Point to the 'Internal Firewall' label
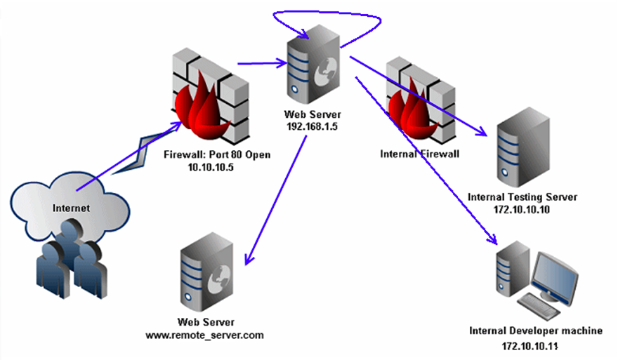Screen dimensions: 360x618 click(419, 152)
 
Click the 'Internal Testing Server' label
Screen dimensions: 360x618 click(522, 197)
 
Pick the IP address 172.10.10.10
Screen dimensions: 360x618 click(522, 211)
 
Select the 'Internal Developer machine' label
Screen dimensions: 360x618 click(536, 331)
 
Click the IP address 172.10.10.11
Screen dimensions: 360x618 click(536, 347)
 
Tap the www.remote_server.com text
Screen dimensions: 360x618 click(204, 335)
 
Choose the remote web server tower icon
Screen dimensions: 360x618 click(204, 275)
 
